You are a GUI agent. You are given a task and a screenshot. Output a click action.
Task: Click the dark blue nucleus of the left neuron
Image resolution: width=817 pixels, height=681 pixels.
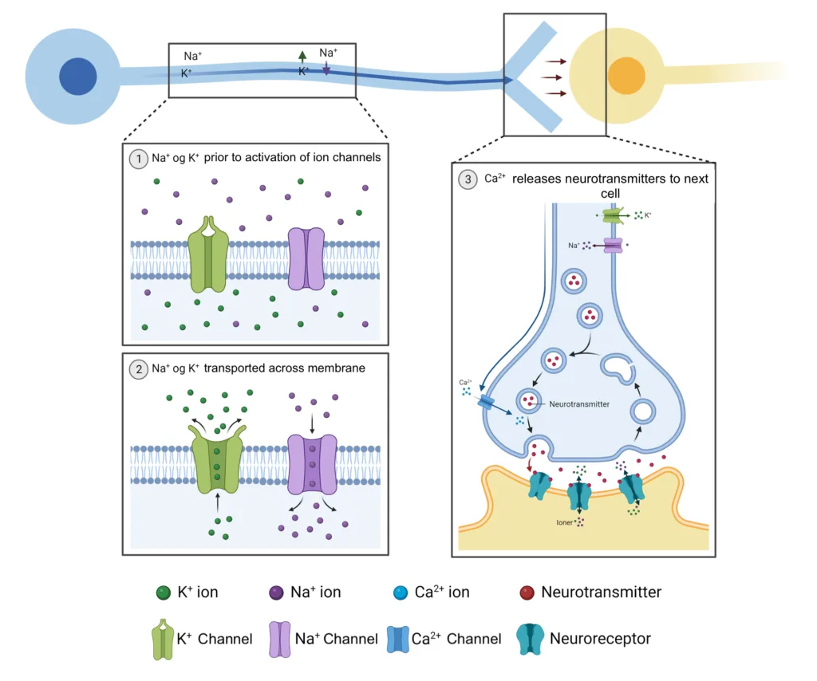click(77, 76)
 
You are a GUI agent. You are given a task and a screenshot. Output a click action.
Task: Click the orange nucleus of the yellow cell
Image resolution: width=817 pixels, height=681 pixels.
click(626, 76)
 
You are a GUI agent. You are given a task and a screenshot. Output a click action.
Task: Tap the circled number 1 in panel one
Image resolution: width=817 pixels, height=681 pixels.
click(139, 159)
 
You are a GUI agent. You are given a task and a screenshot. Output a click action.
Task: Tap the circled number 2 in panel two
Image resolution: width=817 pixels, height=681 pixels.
click(139, 370)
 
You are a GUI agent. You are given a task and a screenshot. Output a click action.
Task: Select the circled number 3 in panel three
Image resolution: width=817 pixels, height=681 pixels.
click(468, 179)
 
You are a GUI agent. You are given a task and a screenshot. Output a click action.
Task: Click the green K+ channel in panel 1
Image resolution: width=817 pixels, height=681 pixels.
click(208, 254)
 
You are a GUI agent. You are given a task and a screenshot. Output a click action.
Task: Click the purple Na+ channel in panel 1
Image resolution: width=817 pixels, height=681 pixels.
click(306, 258)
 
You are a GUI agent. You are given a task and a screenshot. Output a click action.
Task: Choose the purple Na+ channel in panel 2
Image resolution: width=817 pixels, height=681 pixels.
click(312, 464)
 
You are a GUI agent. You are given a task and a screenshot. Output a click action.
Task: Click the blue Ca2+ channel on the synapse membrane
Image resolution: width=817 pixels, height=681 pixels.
click(486, 401)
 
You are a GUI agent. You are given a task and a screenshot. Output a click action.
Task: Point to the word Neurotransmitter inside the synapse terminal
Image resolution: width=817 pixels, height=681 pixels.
click(579, 404)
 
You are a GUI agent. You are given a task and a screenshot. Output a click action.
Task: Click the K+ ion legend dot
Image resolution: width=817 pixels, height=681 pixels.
click(164, 592)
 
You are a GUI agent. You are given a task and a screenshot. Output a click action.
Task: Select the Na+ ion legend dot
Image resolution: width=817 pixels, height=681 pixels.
click(276, 592)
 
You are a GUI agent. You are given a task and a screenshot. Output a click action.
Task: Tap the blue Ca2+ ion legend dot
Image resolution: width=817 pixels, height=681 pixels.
click(401, 592)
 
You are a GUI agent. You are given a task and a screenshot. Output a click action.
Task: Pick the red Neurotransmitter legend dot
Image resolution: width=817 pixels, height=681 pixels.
click(527, 592)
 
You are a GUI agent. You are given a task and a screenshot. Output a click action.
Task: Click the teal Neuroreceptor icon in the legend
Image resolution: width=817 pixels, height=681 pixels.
click(530, 639)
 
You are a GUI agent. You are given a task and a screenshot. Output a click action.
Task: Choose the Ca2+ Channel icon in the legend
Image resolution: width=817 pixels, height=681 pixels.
click(398, 640)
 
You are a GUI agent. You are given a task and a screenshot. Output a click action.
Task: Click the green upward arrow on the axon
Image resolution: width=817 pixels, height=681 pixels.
click(302, 57)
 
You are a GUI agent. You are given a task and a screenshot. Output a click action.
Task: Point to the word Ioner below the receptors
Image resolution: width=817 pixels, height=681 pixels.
click(564, 522)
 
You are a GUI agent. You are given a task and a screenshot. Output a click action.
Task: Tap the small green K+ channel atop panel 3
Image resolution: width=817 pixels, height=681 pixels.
click(614, 215)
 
